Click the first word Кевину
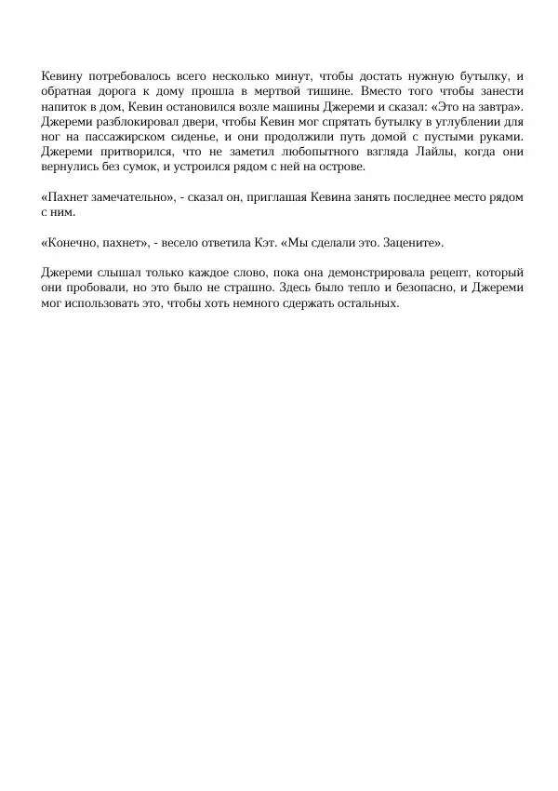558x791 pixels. click(x=62, y=76)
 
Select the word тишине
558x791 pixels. click(x=327, y=91)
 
